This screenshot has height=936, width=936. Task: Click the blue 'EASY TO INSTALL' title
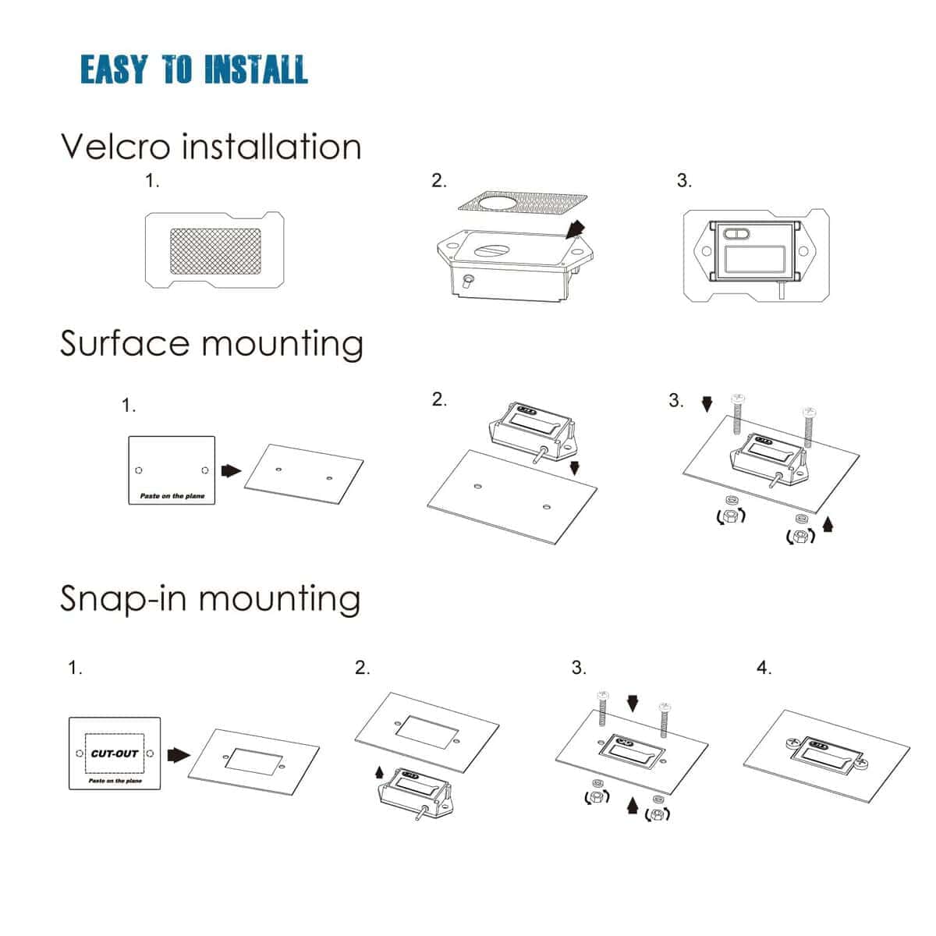point(194,69)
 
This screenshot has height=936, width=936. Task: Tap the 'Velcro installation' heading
point(211,147)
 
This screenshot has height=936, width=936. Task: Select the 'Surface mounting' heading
point(211,343)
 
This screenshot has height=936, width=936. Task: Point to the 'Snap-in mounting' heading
point(210,599)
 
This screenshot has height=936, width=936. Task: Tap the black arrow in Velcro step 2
point(575,229)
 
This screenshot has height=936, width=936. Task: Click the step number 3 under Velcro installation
point(684,181)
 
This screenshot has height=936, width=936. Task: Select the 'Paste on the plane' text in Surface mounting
point(172,496)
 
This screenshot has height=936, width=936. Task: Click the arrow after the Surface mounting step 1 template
point(231,470)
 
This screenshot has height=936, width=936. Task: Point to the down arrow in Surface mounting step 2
point(575,468)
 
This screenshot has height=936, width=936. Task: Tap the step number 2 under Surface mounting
point(439,399)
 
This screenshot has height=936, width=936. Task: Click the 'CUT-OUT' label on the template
point(115,753)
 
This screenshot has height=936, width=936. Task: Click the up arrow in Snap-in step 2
point(380,772)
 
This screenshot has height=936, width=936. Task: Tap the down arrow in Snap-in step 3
point(633,704)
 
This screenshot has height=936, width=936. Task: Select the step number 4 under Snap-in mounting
point(764,668)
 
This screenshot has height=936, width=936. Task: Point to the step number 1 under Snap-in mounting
point(75,668)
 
